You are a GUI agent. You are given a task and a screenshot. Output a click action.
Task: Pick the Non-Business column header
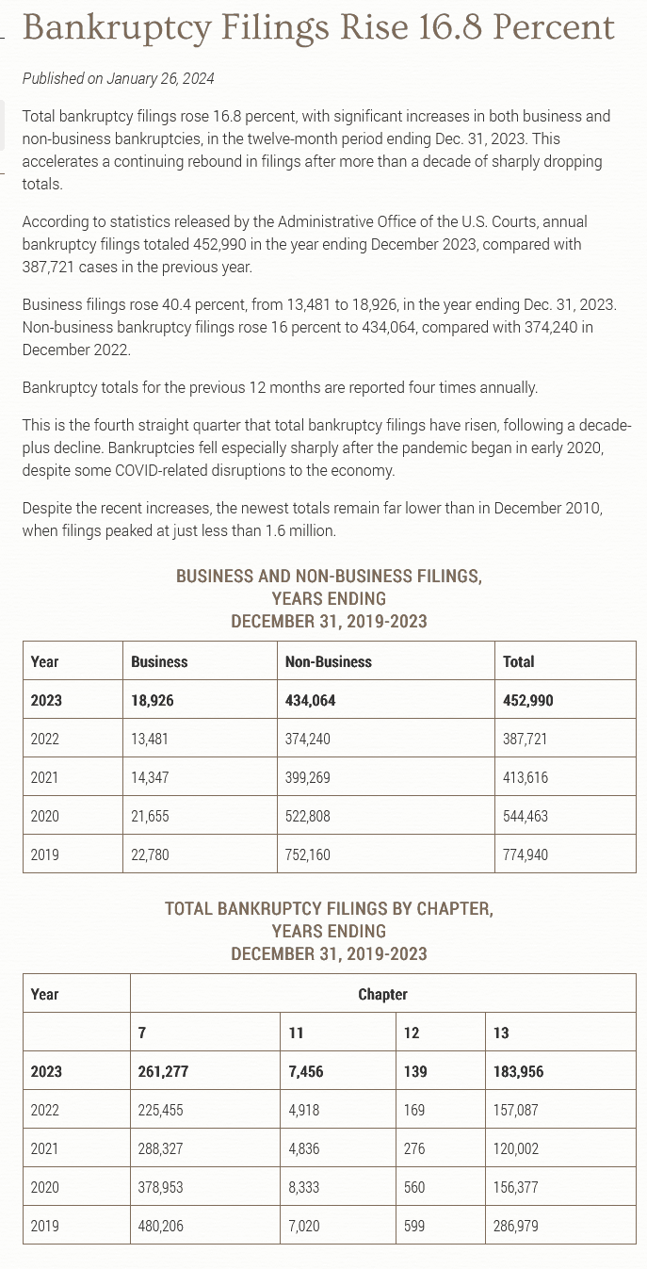point(328,661)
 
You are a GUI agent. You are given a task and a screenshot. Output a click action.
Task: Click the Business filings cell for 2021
point(150,777)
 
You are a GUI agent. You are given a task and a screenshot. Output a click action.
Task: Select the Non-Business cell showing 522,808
point(307,816)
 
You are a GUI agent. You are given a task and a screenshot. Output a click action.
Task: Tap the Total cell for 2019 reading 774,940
point(525,854)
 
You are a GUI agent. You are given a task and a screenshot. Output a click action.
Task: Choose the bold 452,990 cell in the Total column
point(527,700)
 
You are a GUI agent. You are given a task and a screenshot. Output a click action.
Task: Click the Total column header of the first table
point(518,661)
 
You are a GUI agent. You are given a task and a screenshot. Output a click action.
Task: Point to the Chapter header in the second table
point(382,994)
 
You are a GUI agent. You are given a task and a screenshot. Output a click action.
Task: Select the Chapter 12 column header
point(412,1033)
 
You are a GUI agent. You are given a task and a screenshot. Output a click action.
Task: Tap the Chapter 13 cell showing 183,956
point(518,1071)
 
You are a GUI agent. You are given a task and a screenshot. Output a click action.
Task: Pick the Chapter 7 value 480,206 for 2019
point(160,1226)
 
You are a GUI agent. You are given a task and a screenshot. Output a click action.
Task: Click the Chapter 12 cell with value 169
point(413,1110)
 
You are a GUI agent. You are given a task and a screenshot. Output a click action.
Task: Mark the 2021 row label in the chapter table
point(44,1148)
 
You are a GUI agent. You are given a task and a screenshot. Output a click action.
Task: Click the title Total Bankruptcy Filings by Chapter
point(329,909)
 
